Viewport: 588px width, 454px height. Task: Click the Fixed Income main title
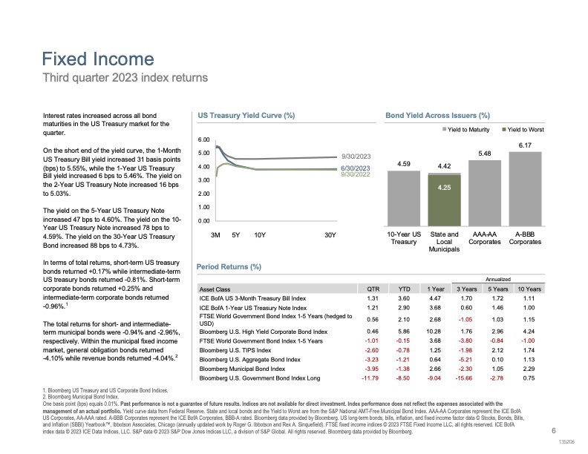pyautogui.click(x=98, y=59)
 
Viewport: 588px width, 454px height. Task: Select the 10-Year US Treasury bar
pyautogui.click(x=403, y=198)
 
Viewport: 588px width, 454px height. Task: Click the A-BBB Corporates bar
pyautogui.click(x=525, y=188)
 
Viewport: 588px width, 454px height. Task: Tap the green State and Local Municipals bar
pyautogui.click(x=444, y=200)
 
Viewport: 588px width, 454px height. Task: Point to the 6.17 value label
pyautogui.click(x=525, y=145)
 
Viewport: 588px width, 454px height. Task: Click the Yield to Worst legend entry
pyautogui.click(x=523, y=130)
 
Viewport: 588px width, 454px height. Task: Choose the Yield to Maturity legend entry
pyautogui.click(x=465, y=130)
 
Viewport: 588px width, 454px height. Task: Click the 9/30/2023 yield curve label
pyautogui.click(x=356, y=157)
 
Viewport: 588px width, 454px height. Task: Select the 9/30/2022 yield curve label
pyautogui.click(x=355, y=174)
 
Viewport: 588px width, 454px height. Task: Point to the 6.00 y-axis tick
pyautogui.click(x=203, y=139)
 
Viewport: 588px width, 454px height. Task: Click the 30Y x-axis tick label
pyautogui.click(x=330, y=235)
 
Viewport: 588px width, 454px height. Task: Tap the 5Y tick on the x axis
pyautogui.click(x=235, y=235)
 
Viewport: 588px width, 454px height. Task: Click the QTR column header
pyautogui.click(x=373, y=289)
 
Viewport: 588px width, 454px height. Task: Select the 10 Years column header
pyautogui.click(x=529, y=289)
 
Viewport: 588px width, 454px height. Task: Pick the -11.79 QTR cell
pyautogui.click(x=370, y=378)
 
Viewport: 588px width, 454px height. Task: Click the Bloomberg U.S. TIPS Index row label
pyautogui.click(x=235, y=350)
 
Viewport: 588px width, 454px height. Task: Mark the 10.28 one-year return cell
pyautogui.click(x=433, y=332)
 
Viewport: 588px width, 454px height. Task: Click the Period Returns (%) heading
pyautogui.click(x=229, y=267)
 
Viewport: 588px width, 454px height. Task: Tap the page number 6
pyautogui.click(x=554, y=431)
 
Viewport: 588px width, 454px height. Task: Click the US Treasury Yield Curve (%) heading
pyautogui.click(x=246, y=116)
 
